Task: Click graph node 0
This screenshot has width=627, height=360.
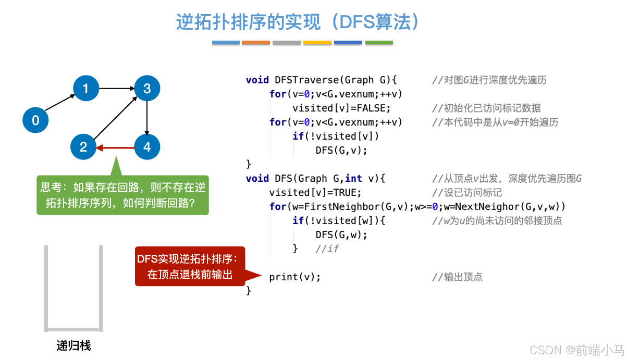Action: (35, 120)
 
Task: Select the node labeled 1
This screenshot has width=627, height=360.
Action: (85, 89)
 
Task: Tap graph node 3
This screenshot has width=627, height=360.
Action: (147, 89)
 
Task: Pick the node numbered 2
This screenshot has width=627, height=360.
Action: (83, 147)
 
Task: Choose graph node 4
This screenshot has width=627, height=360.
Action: (147, 147)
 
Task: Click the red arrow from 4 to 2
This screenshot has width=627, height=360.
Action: (115, 147)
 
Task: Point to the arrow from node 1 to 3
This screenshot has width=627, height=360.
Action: (116, 89)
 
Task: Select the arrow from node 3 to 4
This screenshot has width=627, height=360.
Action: (147, 118)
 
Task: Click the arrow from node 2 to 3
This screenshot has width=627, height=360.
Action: (115, 118)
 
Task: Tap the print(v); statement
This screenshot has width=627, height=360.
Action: (294, 277)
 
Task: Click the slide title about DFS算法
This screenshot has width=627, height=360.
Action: (298, 22)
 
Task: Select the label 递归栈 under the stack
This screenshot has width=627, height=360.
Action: (73, 345)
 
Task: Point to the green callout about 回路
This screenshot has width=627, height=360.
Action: (122, 195)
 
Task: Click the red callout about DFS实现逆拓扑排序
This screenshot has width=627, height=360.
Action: (190, 266)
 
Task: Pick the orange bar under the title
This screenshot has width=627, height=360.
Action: (256, 43)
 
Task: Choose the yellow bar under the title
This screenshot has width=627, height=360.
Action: (317, 43)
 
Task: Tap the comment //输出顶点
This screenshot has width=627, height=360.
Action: (457, 277)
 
